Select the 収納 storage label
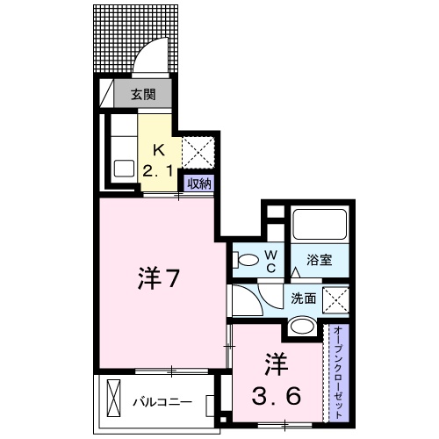pos(198,183)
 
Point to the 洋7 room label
pos(159,279)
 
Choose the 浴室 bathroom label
pos(320,261)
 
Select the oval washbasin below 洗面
pos(300,326)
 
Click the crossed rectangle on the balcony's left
pos(115,399)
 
